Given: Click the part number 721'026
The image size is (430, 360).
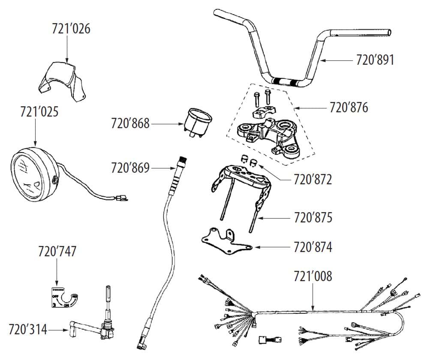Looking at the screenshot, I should point(71,29).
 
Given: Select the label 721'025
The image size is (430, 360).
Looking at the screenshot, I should point(39,112).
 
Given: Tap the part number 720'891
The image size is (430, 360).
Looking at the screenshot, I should point(375,60).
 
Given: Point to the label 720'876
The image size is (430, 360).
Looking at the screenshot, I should point(349,107).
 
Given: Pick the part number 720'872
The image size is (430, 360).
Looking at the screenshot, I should point(313,180).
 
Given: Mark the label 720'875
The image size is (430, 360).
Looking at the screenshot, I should point(313,217).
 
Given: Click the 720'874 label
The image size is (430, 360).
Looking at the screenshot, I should point(313,247).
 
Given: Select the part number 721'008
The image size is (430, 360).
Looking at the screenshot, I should point(313,276).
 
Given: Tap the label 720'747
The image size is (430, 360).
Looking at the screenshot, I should point(57,251).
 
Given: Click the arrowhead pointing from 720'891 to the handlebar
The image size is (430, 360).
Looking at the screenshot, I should point(323,60).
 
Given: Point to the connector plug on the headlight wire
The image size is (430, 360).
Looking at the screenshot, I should point(122,198).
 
